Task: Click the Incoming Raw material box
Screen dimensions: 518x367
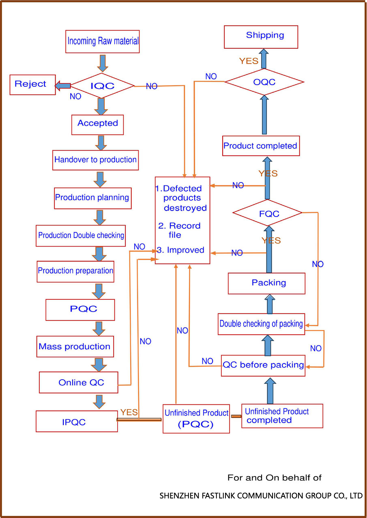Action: coord(103,41)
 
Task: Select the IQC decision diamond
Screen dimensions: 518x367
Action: coord(102,86)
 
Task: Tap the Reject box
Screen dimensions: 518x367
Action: coord(32,84)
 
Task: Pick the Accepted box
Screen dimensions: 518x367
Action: coord(97,123)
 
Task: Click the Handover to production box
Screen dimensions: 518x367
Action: coord(96,160)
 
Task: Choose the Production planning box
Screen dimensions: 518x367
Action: coord(93,198)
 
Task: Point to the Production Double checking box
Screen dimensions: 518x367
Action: coord(81,236)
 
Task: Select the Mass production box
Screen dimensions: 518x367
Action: coord(75,347)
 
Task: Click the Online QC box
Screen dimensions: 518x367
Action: coord(79,383)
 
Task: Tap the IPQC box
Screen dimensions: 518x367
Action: coord(77,422)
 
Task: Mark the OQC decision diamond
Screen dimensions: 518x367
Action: coord(264,82)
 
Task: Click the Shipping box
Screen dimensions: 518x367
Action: coord(261,37)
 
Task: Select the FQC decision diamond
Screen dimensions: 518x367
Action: coord(268,213)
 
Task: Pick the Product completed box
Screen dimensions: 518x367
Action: coord(261,146)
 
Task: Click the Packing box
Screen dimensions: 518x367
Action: coord(266,283)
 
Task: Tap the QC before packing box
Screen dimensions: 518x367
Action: coord(263,365)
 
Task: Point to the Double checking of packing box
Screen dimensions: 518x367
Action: coord(261,324)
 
